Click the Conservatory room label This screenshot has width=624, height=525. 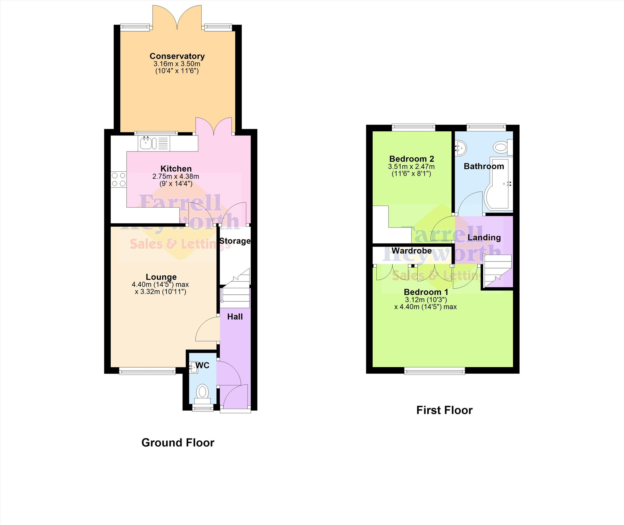pyautogui.click(x=177, y=56)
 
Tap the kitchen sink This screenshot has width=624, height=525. pyautogui.click(x=154, y=143)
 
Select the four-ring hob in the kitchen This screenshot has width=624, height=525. pyautogui.click(x=118, y=180)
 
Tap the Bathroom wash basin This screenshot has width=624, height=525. pyautogui.click(x=460, y=148)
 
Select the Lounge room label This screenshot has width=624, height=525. pyautogui.click(x=161, y=277)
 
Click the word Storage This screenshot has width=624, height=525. pyautogui.click(x=235, y=241)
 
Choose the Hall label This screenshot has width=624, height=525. pyautogui.click(x=235, y=317)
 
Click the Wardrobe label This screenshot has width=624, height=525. pyautogui.click(x=411, y=250)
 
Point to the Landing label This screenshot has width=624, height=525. pyautogui.click(x=484, y=237)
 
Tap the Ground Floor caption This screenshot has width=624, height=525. pyautogui.click(x=178, y=443)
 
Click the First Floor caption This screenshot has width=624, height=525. pyautogui.click(x=444, y=410)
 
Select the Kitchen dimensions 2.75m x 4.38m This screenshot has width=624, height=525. pyautogui.click(x=176, y=176)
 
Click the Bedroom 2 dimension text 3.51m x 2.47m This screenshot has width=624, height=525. pyautogui.click(x=411, y=167)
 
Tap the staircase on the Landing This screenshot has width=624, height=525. pyautogui.click(x=496, y=271)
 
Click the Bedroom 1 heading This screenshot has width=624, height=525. pyautogui.click(x=426, y=292)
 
